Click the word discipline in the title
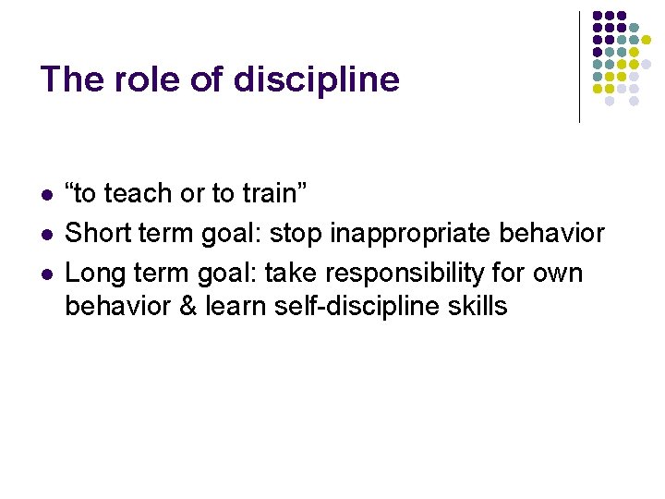[317, 79]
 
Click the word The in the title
[72, 79]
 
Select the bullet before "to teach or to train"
[46, 195]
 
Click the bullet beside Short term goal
[46, 235]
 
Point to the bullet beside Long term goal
[46, 274]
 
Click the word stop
[297, 234]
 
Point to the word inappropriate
[413, 234]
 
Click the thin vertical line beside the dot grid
[579, 67]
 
